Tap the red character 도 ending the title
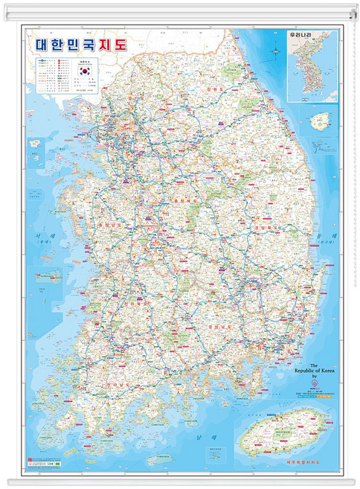coord(120,44)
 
